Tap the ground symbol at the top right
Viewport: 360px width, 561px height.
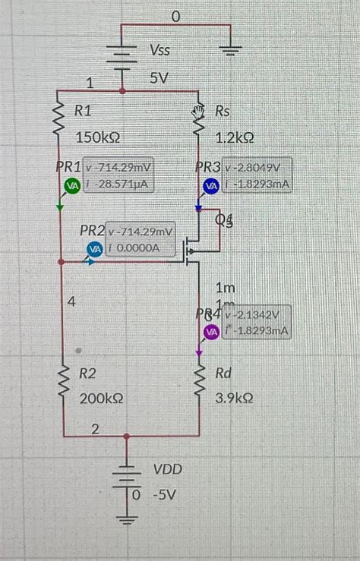click(x=230, y=52)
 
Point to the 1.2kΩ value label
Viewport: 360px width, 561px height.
click(x=234, y=138)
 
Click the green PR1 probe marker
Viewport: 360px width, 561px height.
click(x=71, y=185)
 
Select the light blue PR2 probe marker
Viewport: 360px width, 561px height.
click(x=95, y=247)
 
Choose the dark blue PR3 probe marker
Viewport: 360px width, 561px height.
click(x=210, y=185)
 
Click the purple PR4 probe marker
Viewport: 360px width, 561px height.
click(x=211, y=331)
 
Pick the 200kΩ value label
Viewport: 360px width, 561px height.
click(x=102, y=398)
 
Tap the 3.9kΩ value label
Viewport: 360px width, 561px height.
click(x=234, y=398)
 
